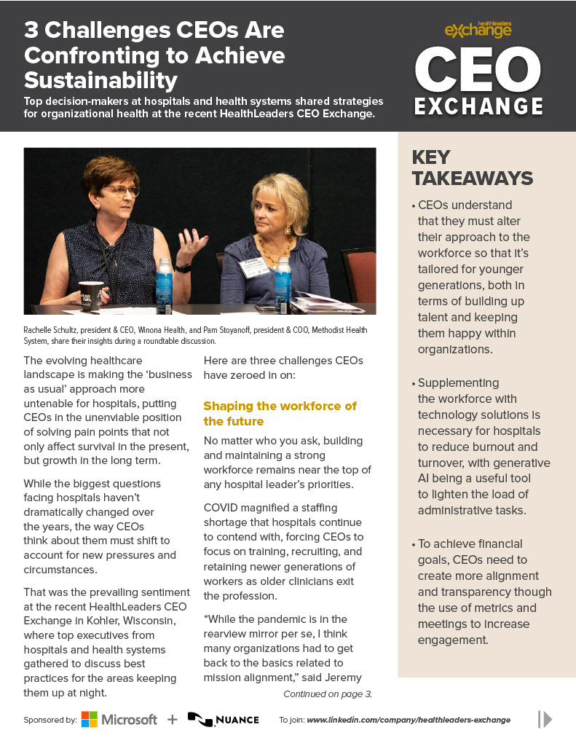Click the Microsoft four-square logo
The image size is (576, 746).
pyautogui.click(x=90, y=719)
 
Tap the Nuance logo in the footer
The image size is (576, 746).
pyautogui.click(x=223, y=719)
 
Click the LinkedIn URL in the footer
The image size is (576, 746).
pyautogui.click(x=409, y=720)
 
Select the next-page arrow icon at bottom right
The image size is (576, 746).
pyautogui.click(x=544, y=719)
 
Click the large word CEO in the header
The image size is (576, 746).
pyautogui.click(x=478, y=71)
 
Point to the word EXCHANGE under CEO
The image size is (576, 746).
pyautogui.click(x=478, y=106)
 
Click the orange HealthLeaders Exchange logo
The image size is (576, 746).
pyautogui.click(x=478, y=29)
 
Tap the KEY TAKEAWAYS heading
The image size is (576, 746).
pyautogui.click(x=473, y=168)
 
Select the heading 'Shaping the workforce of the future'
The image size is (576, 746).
pyautogui.click(x=280, y=413)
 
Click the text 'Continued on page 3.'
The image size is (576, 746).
pyautogui.click(x=328, y=694)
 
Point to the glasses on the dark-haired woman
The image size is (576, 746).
pyautogui.click(x=121, y=191)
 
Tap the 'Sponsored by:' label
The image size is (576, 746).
pyautogui.click(x=50, y=720)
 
